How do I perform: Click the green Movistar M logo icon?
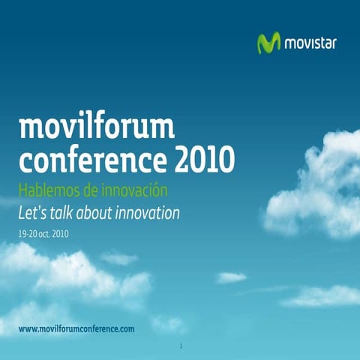click(268, 43)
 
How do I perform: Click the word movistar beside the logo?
click(310, 43)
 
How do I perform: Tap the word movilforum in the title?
click(96, 128)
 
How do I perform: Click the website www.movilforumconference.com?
click(76, 329)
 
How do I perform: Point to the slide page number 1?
click(181, 346)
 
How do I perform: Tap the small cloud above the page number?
click(166, 323)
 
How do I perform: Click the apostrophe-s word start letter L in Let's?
click(21, 214)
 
